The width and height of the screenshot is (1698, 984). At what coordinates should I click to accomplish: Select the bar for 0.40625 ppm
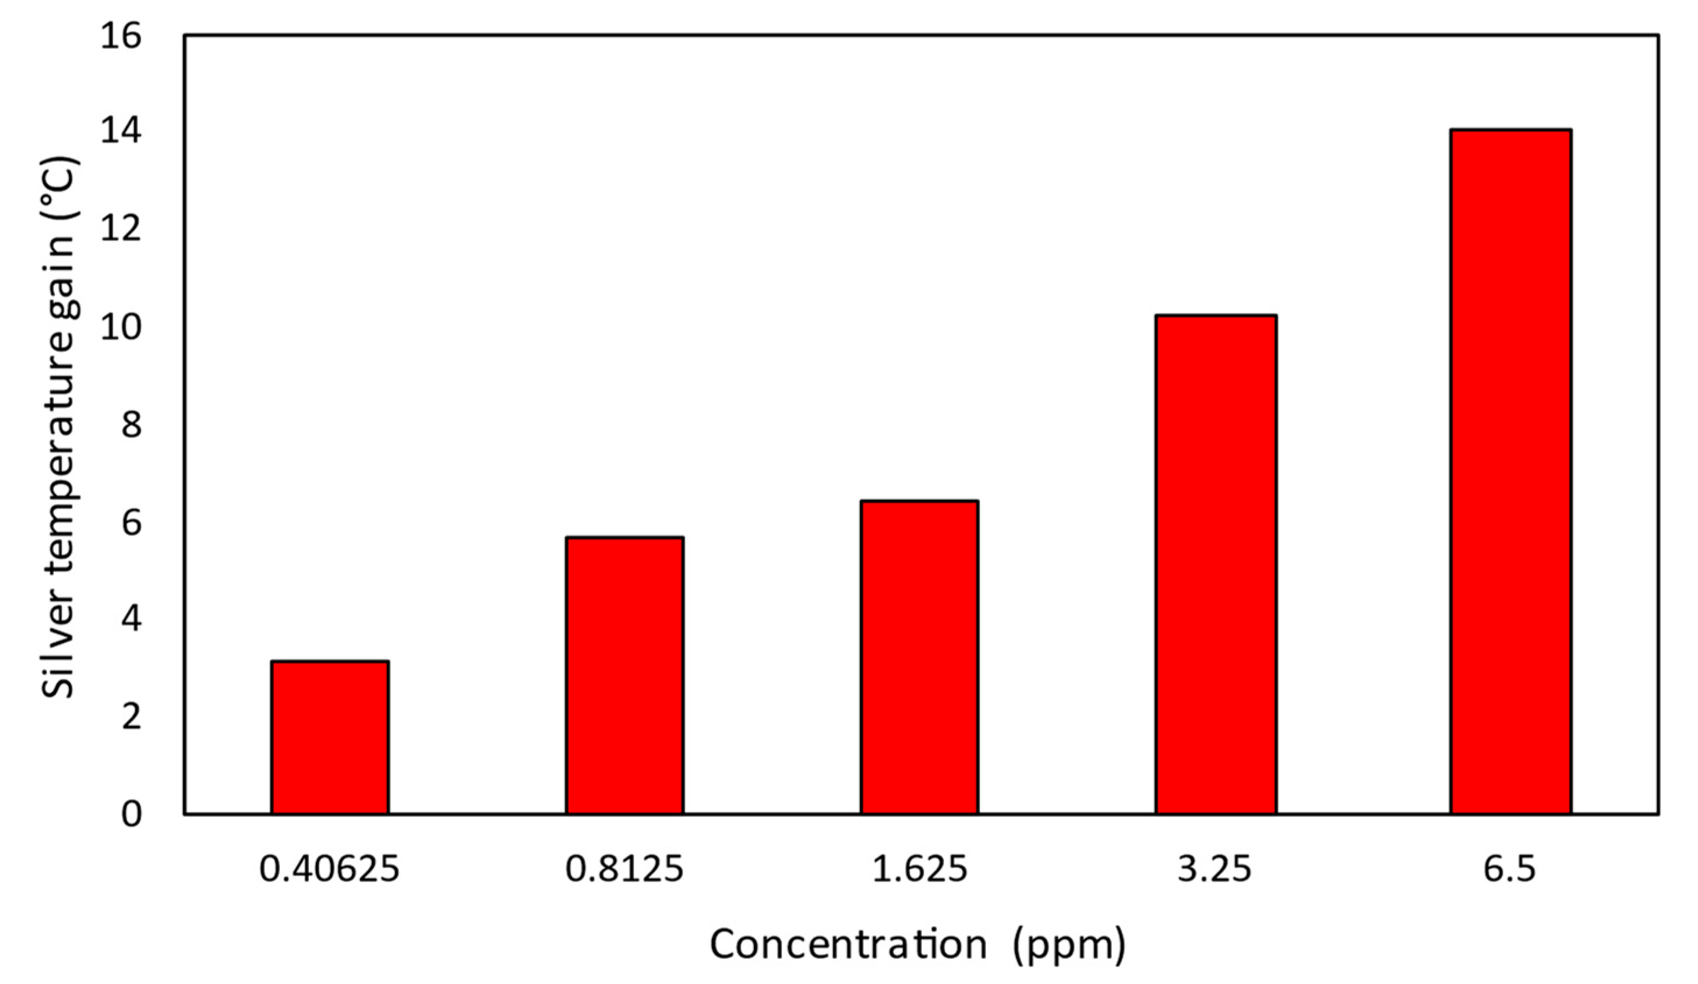[x=330, y=738]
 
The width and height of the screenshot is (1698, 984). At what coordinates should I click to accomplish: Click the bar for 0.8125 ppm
[x=624, y=675]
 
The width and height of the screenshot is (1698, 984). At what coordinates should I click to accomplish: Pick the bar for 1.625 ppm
[x=919, y=657]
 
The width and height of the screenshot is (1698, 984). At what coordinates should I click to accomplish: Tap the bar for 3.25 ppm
[x=1216, y=564]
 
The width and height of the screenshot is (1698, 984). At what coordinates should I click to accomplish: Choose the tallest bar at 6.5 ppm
[x=1510, y=472]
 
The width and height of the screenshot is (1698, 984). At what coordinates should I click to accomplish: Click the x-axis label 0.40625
[x=330, y=869]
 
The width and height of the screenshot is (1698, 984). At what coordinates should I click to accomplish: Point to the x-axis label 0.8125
[x=624, y=869]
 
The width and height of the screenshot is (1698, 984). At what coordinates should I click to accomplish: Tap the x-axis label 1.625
[x=919, y=869]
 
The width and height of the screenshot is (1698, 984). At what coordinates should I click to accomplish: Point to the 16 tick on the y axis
[x=121, y=35]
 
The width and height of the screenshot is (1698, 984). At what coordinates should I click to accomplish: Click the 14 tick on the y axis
[x=121, y=132]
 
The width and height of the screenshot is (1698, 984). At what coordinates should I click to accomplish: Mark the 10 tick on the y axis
[x=121, y=327]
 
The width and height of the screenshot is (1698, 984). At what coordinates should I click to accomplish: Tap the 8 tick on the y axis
[x=132, y=425]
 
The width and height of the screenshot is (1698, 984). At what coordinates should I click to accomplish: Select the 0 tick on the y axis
[x=132, y=814]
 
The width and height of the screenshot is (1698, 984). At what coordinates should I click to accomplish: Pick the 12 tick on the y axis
[x=121, y=230]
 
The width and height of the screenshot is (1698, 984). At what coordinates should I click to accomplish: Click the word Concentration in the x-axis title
[x=848, y=944]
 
